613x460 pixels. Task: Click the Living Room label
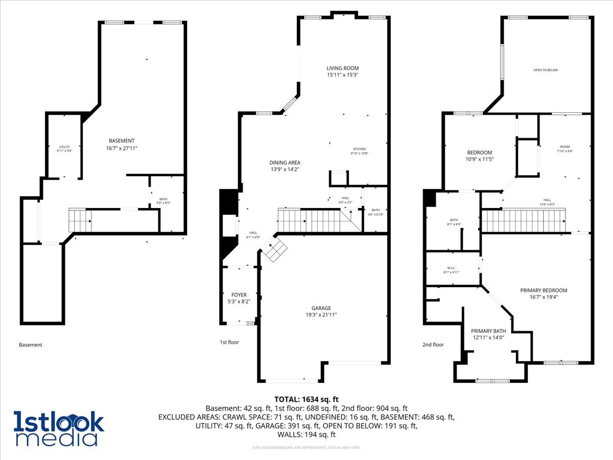point(343,68)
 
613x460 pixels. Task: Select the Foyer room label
point(239,295)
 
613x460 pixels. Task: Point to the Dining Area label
point(285,163)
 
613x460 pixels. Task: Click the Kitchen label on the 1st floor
point(359,149)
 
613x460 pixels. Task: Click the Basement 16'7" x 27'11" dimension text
point(122,148)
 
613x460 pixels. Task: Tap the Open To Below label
point(546,70)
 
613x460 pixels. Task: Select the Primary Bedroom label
point(544,290)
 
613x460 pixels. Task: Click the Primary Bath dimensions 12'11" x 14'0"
point(487,337)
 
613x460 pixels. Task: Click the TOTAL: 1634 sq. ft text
point(306,399)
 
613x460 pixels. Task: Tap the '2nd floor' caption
point(433,344)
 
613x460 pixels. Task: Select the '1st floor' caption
point(229,342)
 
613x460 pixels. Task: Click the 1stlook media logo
point(59,428)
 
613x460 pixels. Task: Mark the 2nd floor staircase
point(524,221)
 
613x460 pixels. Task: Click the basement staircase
point(79,220)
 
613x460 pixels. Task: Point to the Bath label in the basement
point(163,199)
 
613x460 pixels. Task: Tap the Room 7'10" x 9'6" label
point(564,148)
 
